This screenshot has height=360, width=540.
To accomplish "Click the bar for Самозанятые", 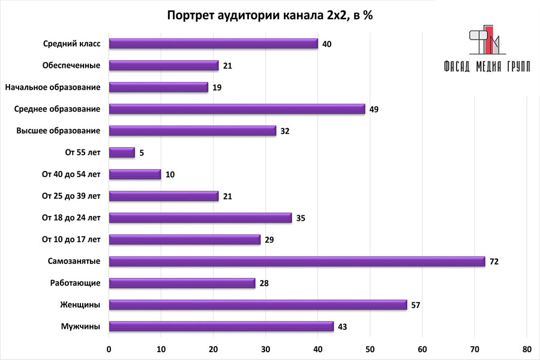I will (x=297, y=262).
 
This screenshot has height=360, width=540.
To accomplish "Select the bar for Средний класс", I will (x=213, y=44).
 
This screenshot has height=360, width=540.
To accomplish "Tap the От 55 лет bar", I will (x=122, y=152).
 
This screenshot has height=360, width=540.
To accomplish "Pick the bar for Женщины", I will (x=258, y=305).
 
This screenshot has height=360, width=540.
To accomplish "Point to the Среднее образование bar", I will (x=237, y=109).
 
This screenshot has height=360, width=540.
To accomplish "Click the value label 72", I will (x=494, y=262).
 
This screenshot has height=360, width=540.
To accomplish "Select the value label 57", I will (x=416, y=305).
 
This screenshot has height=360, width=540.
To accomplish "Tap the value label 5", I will (x=142, y=152).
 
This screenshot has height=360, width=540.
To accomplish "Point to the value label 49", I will (x=374, y=109).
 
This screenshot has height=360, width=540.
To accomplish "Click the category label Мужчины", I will (x=80, y=326).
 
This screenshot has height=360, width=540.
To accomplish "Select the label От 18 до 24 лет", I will (x=71, y=218).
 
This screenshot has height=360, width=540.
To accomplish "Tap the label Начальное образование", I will (x=52, y=88).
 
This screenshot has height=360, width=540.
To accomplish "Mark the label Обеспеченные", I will (x=71, y=65).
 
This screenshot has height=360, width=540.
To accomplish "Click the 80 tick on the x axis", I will (x=526, y=349).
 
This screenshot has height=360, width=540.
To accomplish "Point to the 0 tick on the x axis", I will (x=109, y=349).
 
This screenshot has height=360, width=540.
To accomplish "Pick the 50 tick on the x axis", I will (x=370, y=349).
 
